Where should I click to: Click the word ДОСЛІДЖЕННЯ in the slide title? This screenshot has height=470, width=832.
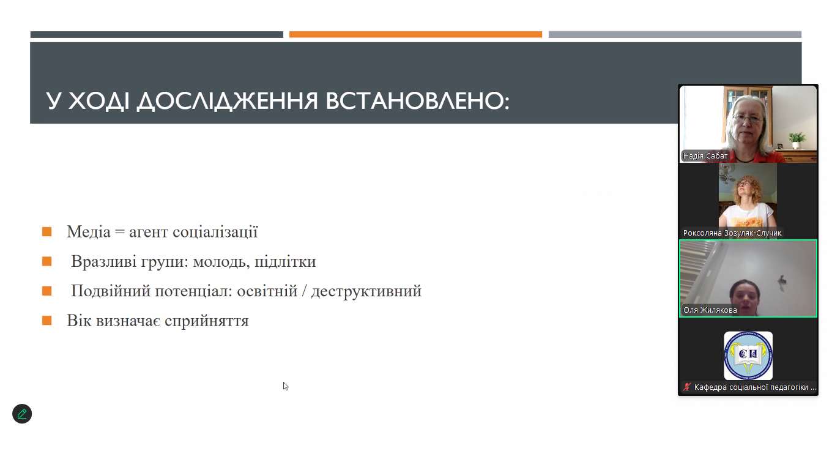(x=228, y=101)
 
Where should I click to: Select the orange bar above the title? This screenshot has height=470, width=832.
(x=415, y=34)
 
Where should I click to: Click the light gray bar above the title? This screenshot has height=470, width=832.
(x=675, y=34)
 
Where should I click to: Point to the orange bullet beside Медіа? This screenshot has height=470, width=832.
(x=46, y=232)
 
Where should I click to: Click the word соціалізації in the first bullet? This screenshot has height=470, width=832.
(x=215, y=232)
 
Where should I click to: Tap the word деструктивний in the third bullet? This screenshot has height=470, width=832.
(x=366, y=291)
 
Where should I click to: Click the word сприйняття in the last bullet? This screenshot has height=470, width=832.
(x=207, y=321)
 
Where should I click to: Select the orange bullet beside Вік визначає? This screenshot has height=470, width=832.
(x=46, y=321)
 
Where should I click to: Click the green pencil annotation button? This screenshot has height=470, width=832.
(x=22, y=414)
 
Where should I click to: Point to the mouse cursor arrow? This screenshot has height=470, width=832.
(x=285, y=386)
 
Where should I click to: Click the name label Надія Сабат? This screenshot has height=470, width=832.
(x=705, y=156)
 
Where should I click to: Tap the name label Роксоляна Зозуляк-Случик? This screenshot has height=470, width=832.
(x=732, y=233)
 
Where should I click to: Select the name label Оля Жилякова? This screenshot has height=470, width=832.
(x=710, y=310)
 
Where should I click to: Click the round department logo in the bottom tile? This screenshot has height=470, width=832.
(x=748, y=356)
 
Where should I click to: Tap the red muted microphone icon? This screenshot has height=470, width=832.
(x=687, y=387)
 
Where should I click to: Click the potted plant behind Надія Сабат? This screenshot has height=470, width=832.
(x=797, y=140)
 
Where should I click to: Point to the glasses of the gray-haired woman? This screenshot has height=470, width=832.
(x=748, y=119)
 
